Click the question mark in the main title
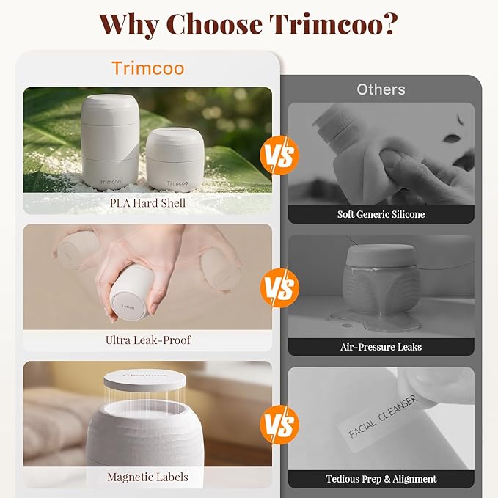[388, 24]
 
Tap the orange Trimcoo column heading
[148, 68]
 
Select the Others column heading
[381, 89]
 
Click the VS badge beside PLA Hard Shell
[279, 155]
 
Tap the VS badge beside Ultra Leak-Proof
[279, 288]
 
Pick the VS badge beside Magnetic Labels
[279, 425]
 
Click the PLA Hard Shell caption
[147, 203]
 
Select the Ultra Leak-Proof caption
[148, 340]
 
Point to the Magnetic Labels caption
[147, 477]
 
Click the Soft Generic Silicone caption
[381, 214]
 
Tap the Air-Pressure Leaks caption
[381, 347]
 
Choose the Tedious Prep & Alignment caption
[381, 479]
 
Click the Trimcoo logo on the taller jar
[111, 182]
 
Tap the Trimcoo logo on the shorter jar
[177, 183]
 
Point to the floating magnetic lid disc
[144, 380]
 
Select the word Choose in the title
[214, 24]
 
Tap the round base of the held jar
[128, 306]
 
